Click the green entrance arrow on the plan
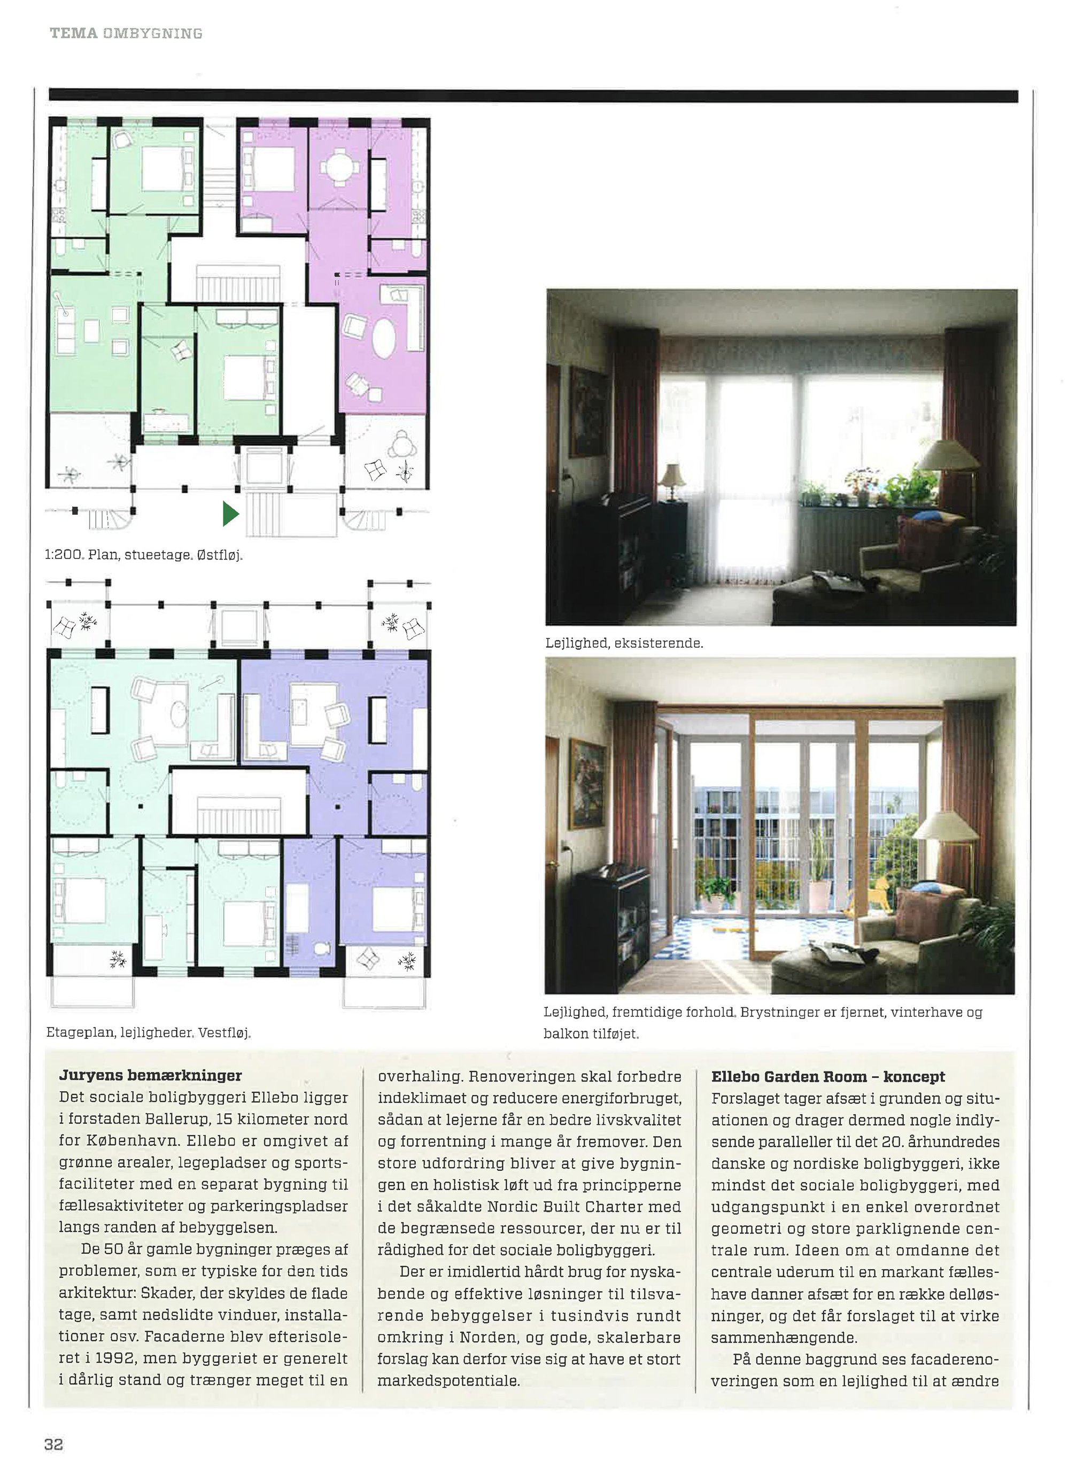click(230, 514)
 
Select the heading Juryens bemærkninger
click(150, 1076)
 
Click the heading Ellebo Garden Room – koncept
click(827, 1077)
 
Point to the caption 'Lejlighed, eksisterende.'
click(624, 643)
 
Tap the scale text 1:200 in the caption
click(64, 555)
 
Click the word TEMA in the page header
click(74, 33)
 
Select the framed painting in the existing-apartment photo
click(589, 411)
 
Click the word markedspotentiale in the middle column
click(448, 1380)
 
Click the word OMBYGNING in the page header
click(152, 33)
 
